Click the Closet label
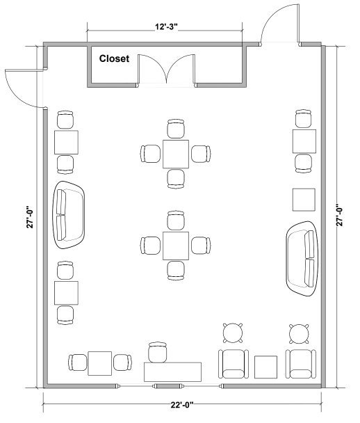click(114, 58)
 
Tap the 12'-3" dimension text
click(166, 27)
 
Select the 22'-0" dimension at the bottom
click(182, 405)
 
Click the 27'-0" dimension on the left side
click(30, 217)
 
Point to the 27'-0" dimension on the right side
click(340, 215)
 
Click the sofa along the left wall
click(68, 215)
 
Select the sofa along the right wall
click(302, 259)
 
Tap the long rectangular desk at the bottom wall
click(172, 372)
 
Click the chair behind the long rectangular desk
click(158, 352)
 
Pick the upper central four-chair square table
click(176, 154)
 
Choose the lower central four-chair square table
click(176, 246)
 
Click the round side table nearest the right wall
click(299, 334)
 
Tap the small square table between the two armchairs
click(265, 367)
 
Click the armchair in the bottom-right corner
click(301, 364)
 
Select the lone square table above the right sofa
click(304, 200)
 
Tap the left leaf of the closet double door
click(152, 68)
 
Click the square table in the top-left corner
click(66, 143)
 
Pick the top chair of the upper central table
click(176, 129)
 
